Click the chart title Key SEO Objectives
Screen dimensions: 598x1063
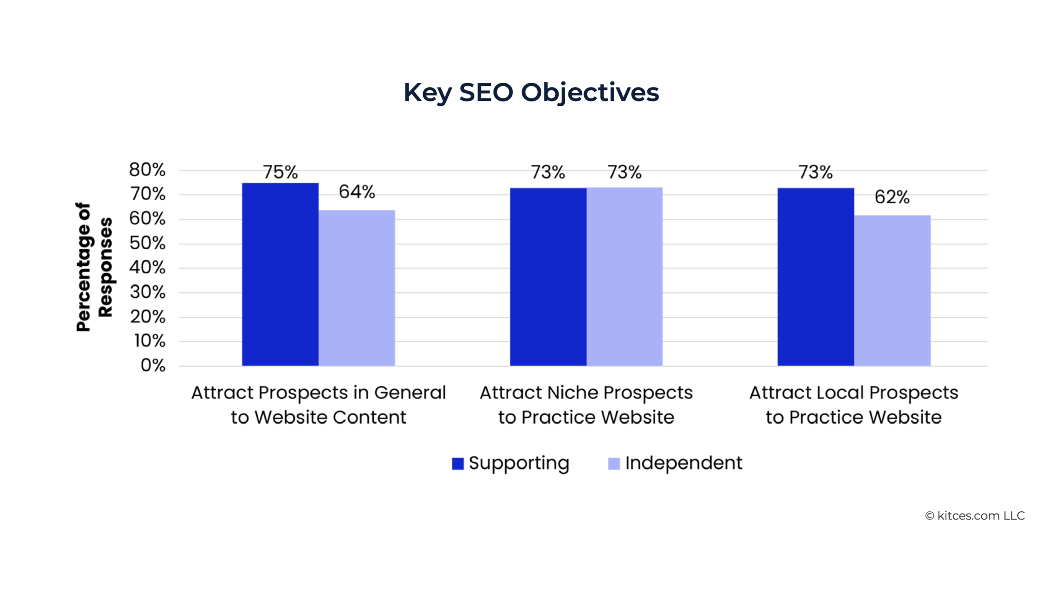pos(531,92)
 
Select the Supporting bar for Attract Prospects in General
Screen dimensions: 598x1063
pos(280,274)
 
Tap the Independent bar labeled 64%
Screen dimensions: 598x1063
pos(357,288)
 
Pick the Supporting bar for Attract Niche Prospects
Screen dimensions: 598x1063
pos(548,277)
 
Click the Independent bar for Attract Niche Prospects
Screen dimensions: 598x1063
pos(625,277)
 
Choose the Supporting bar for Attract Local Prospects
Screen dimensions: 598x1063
pos(816,277)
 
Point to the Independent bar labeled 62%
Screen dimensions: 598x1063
pos(892,290)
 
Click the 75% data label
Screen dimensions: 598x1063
pos(280,172)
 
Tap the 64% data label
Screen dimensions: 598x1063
pos(357,192)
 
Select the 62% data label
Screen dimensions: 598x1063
pos(892,197)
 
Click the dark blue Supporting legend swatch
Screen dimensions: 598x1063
pos(458,463)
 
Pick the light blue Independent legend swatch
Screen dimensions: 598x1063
pos(614,463)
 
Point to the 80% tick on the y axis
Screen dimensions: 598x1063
pos(147,170)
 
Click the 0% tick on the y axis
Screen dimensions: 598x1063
pos(153,365)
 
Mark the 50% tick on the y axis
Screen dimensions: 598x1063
pos(147,243)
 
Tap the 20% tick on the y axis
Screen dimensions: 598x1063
pos(147,317)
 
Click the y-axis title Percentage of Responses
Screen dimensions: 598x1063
pos(94,267)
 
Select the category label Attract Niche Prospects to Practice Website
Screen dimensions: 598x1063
pos(586,405)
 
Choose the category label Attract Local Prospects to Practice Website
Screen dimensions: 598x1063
pos(854,405)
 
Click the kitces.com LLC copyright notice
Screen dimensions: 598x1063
pos(975,516)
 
